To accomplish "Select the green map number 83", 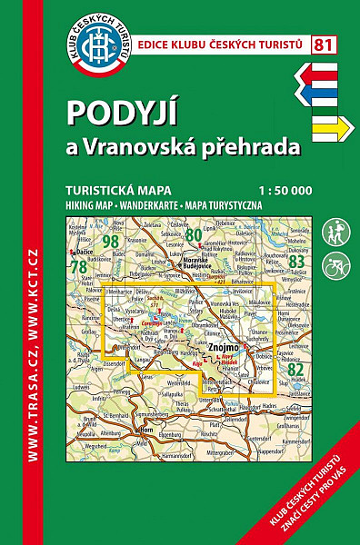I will click(295, 262).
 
